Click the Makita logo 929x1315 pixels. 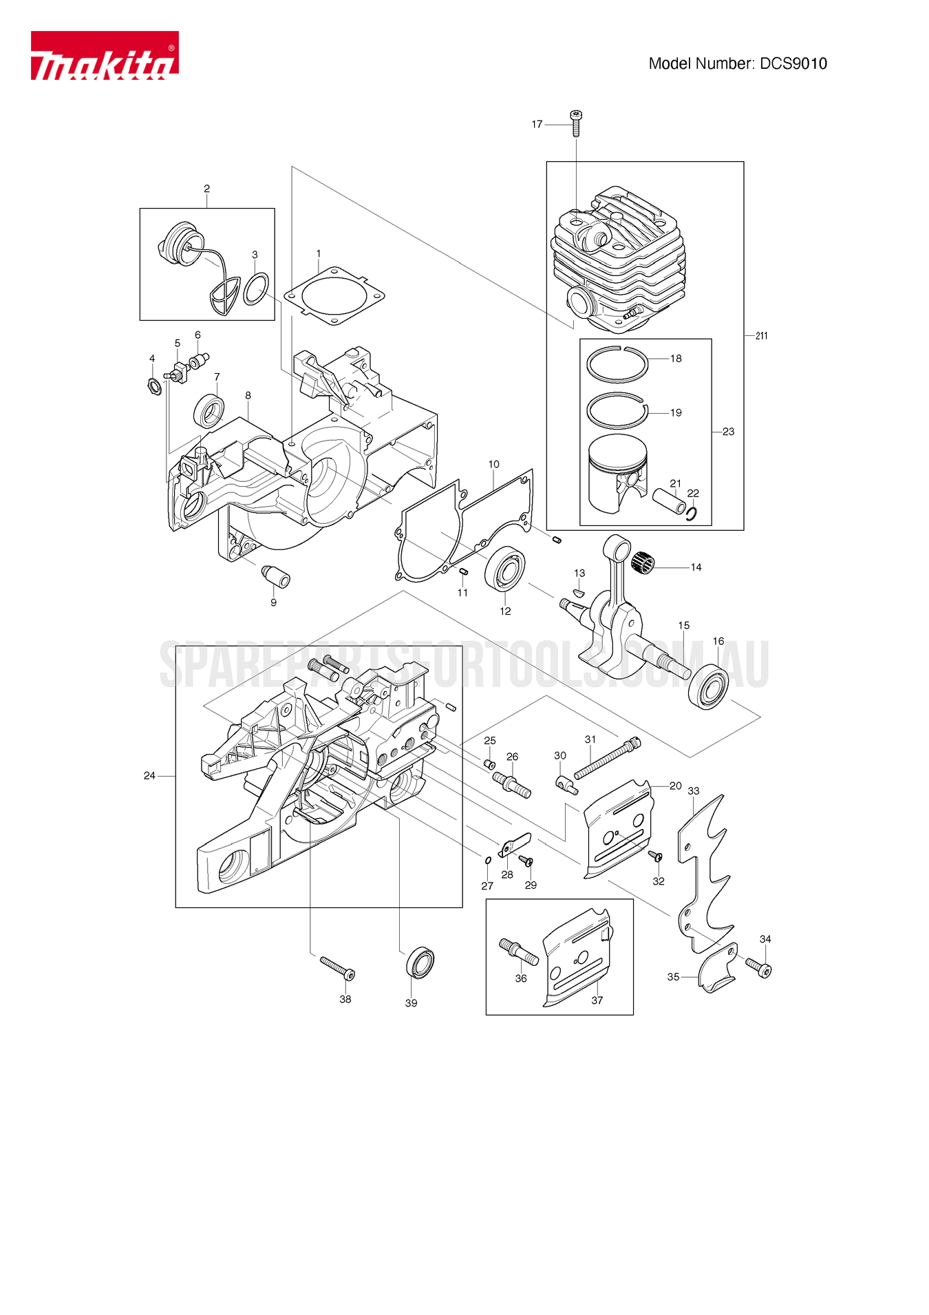105,56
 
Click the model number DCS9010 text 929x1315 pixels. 737,63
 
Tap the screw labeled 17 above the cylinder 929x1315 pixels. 576,123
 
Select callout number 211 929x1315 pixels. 761,336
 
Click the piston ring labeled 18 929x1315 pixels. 617,364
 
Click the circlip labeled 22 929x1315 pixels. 691,513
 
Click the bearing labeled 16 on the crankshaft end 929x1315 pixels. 708,686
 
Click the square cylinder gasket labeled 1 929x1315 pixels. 334,295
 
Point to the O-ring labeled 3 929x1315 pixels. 256,288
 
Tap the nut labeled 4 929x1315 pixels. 155,386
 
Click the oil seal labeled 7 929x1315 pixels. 209,411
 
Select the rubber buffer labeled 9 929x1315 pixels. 277,576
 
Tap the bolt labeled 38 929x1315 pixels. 337,968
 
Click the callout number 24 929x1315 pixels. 149,776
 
